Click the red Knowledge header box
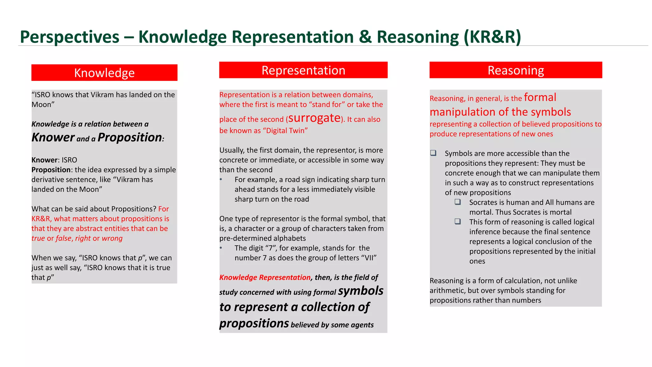coord(104,73)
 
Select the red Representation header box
coord(303,70)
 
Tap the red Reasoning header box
coord(515,70)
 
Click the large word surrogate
coord(314,118)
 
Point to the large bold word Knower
coord(53,137)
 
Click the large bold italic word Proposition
coord(130,137)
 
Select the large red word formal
coord(540,97)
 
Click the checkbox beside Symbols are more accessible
coord(433,153)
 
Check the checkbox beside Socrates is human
coord(457,202)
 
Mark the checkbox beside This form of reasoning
coord(457,221)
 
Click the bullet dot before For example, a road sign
coord(221,180)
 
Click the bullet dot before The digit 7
coord(221,248)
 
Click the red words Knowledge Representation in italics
coord(265,277)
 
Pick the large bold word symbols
coord(360,291)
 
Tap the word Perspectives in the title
coord(69,37)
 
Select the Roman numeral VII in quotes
coord(369,258)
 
